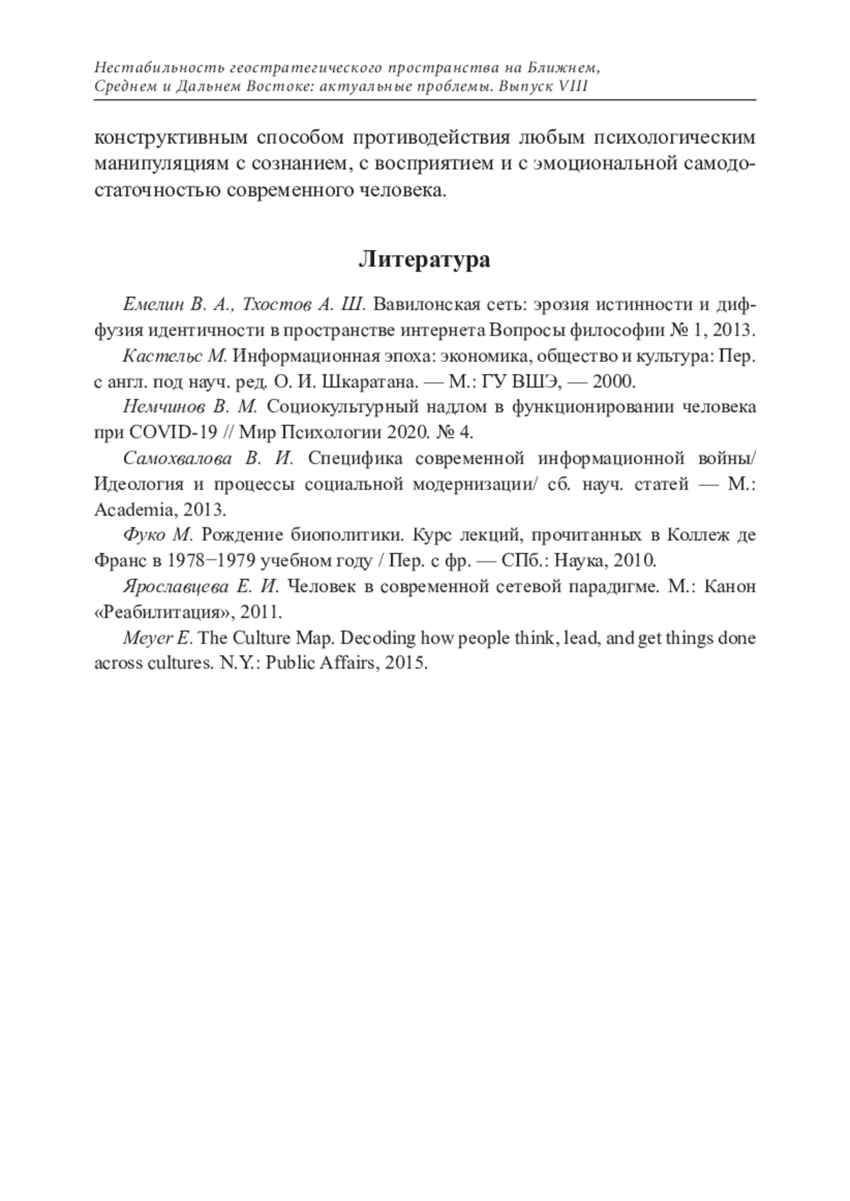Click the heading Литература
click(x=424, y=260)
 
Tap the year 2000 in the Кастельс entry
click(x=613, y=382)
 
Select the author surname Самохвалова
click(x=177, y=458)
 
